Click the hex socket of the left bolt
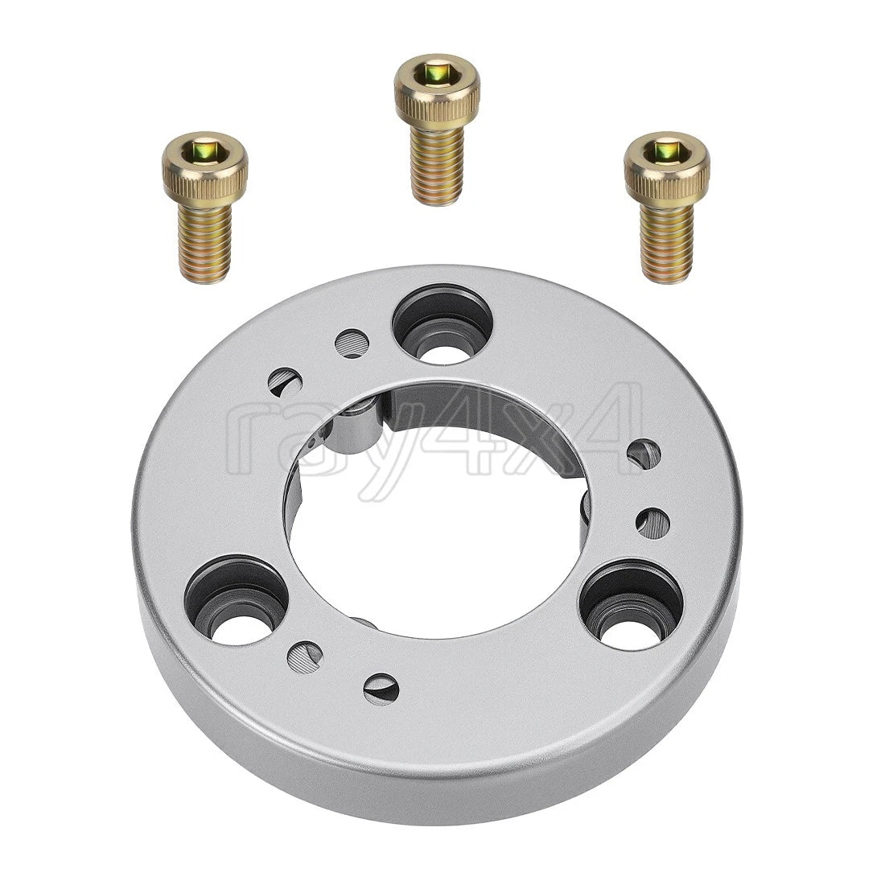point(204,150)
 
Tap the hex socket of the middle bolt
point(436,72)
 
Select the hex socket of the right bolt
point(666,150)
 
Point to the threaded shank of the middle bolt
point(437,163)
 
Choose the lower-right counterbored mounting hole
point(632,604)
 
